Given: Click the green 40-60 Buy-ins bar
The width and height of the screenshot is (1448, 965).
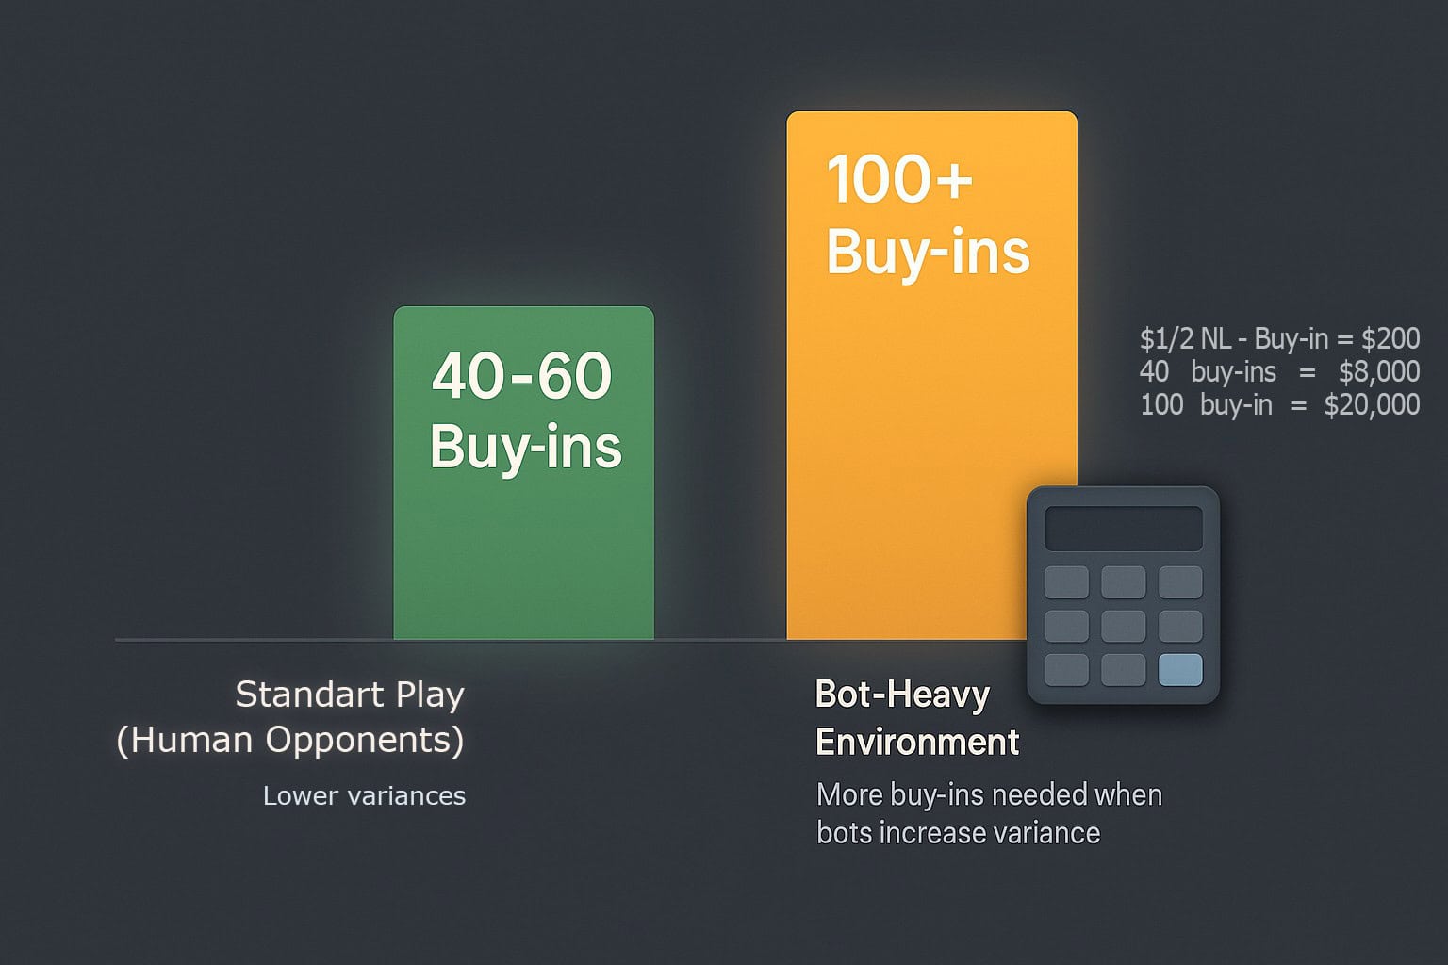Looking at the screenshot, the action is tap(523, 472).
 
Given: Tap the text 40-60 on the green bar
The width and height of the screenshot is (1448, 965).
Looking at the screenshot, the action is tap(521, 375).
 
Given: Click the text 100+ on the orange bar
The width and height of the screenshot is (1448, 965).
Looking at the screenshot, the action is tap(899, 179).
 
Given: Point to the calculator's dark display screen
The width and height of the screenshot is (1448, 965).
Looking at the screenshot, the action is tap(1124, 529).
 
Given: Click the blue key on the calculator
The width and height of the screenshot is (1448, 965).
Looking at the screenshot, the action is tap(1180, 670).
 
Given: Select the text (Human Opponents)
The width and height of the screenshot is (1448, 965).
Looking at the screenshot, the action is tap(290, 740).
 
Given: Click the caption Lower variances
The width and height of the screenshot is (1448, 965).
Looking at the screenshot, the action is tap(364, 795).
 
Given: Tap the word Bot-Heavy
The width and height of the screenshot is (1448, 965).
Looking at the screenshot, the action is tap(902, 695).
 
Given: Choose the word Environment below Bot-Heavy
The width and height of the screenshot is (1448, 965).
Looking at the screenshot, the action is tap(917, 742).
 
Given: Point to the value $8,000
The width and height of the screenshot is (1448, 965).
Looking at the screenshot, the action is tap(1379, 371).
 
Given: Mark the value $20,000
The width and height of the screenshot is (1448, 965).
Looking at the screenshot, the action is tap(1372, 405).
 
